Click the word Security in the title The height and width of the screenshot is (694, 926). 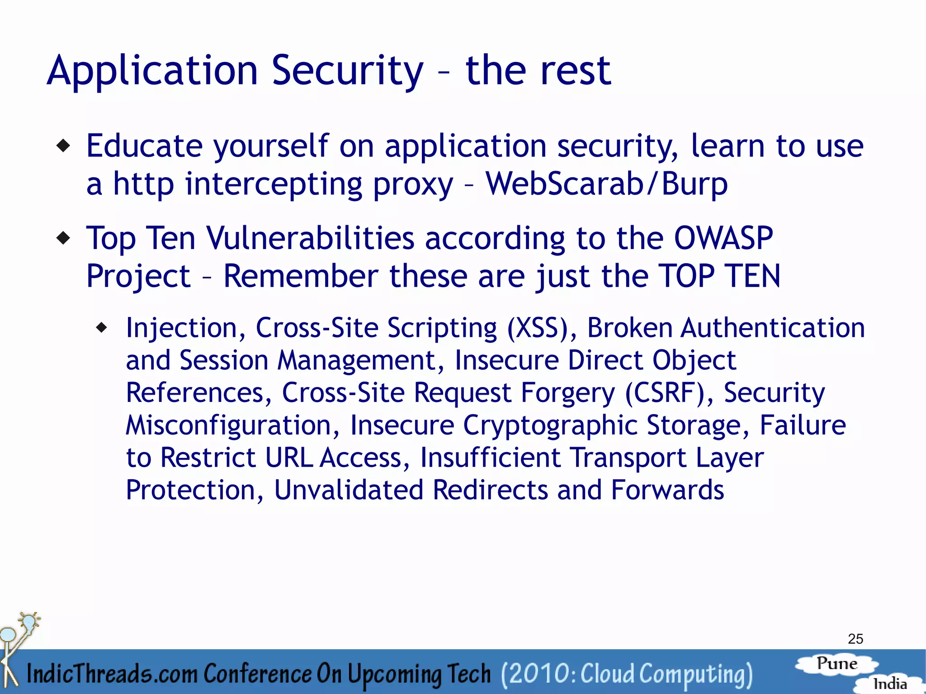click(347, 71)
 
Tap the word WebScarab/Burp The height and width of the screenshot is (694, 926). click(606, 184)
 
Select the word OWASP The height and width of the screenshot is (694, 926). click(723, 238)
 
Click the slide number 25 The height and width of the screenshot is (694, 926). click(855, 639)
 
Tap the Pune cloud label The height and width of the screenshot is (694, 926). click(837, 664)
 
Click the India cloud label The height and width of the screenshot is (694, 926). click(889, 684)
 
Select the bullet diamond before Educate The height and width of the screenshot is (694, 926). click(64, 146)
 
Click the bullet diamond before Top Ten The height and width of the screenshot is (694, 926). click(64, 238)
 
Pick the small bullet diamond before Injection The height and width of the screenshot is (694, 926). click(103, 327)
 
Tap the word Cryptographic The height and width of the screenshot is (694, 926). click(550, 425)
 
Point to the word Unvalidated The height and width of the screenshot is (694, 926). click(349, 490)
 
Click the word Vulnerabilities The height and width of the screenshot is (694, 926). click(311, 238)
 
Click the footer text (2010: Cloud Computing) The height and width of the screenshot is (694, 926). click(627, 674)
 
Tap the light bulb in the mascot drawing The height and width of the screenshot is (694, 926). click(28, 622)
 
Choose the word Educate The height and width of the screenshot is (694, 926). click(144, 146)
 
